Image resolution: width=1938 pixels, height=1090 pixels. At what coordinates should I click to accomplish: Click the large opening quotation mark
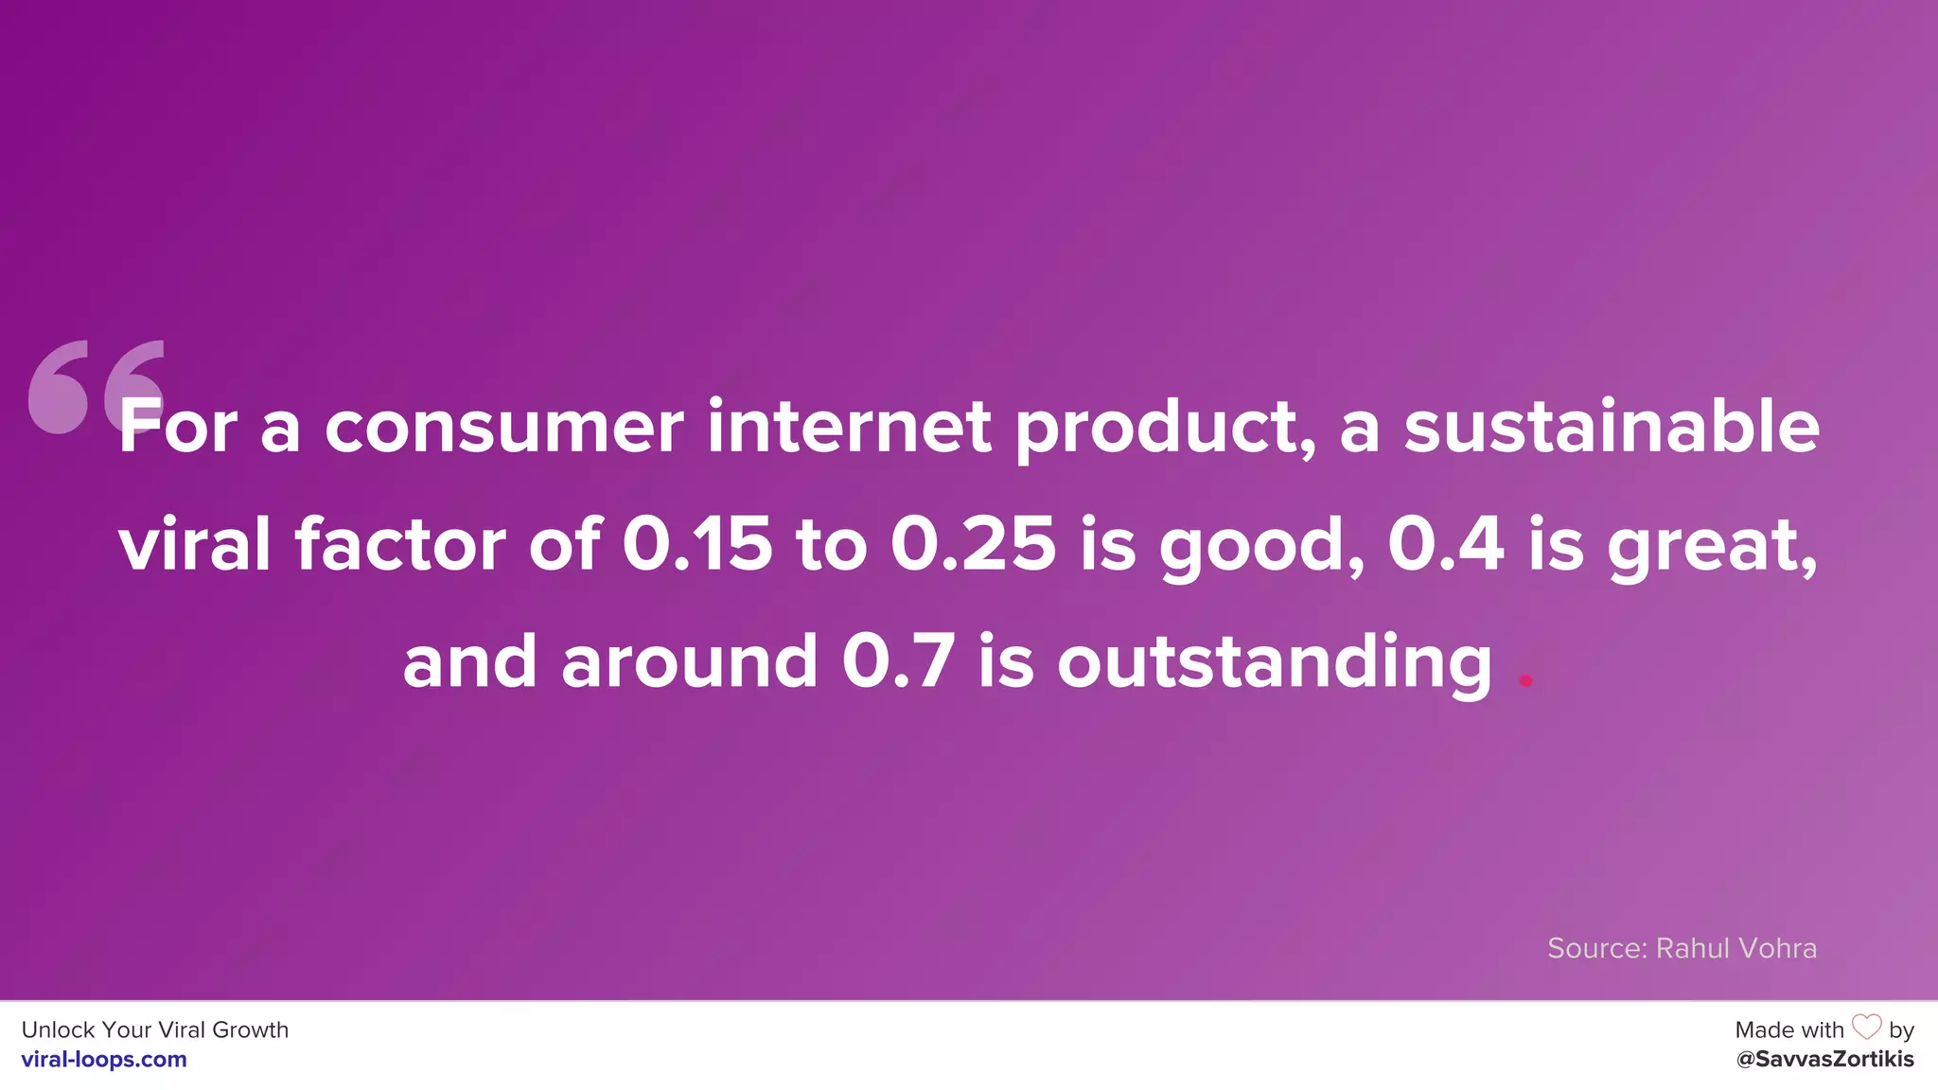[x=95, y=386]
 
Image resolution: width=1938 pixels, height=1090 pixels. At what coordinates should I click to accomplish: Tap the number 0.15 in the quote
[x=696, y=545]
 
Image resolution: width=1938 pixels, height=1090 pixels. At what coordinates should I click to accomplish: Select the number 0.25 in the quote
[x=973, y=545]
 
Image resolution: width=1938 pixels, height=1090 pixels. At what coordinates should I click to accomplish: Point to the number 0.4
[x=1445, y=545]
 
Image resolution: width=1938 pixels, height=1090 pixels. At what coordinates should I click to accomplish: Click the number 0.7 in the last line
[x=898, y=661]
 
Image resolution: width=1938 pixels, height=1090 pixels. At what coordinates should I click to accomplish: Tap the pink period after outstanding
[x=1525, y=679]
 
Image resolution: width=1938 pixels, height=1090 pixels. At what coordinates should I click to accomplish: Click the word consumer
[x=503, y=428]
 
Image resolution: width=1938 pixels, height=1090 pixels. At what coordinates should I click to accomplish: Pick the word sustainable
[x=1611, y=428]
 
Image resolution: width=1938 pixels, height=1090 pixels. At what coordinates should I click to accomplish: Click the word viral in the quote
[x=194, y=545]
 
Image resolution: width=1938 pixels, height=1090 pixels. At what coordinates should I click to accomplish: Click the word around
[x=689, y=661]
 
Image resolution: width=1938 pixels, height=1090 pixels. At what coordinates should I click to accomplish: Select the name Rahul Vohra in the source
[x=1735, y=948]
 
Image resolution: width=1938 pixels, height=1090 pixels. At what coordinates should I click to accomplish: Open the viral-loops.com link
[x=104, y=1060]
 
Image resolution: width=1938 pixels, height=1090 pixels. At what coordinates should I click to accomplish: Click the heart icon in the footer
[x=1866, y=1028]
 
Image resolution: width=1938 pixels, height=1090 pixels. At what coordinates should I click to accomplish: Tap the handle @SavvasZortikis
[x=1824, y=1060]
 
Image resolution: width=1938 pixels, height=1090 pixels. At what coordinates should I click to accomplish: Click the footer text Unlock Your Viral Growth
[x=155, y=1029]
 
